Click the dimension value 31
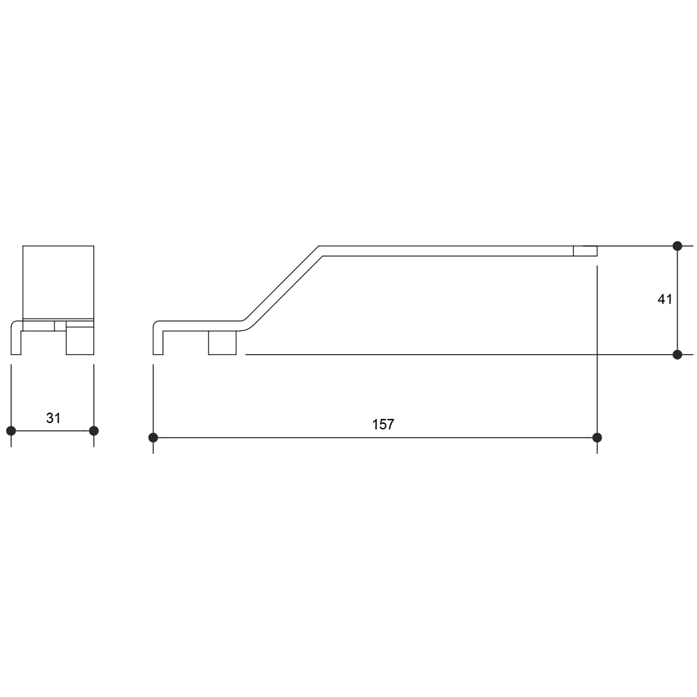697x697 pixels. tap(53, 418)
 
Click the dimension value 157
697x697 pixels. tap(383, 424)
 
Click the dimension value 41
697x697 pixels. tap(664, 300)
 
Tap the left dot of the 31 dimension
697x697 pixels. tap(11, 431)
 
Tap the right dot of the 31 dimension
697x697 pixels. tap(94, 431)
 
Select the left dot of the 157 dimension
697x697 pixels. tap(153, 438)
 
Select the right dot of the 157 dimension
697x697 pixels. tap(597, 438)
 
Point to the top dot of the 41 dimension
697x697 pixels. tap(677, 246)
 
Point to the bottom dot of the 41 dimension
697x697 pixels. tap(677, 355)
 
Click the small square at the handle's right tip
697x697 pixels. tap(585, 251)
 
